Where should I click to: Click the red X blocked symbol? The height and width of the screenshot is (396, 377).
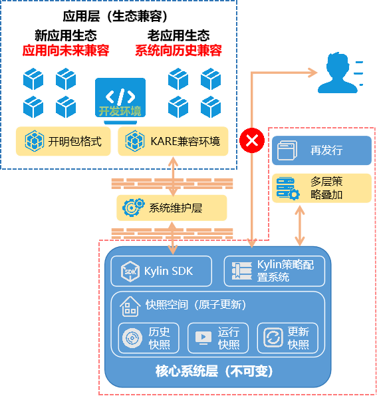click(252, 140)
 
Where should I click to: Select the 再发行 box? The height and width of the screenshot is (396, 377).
click(321, 150)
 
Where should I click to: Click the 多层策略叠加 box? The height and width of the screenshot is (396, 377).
click(321, 188)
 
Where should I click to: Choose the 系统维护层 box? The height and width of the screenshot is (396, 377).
click(172, 208)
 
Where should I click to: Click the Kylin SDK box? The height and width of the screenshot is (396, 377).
click(161, 271)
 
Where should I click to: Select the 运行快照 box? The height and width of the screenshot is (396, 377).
click(217, 338)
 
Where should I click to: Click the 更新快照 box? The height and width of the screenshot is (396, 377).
click(287, 338)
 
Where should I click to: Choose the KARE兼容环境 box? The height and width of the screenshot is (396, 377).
click(173, 141)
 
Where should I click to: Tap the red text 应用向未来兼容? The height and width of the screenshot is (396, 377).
click(65, 51)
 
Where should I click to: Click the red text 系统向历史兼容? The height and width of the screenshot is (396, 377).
click(178, 51)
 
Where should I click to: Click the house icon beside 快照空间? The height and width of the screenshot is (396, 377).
click(130, 306)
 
